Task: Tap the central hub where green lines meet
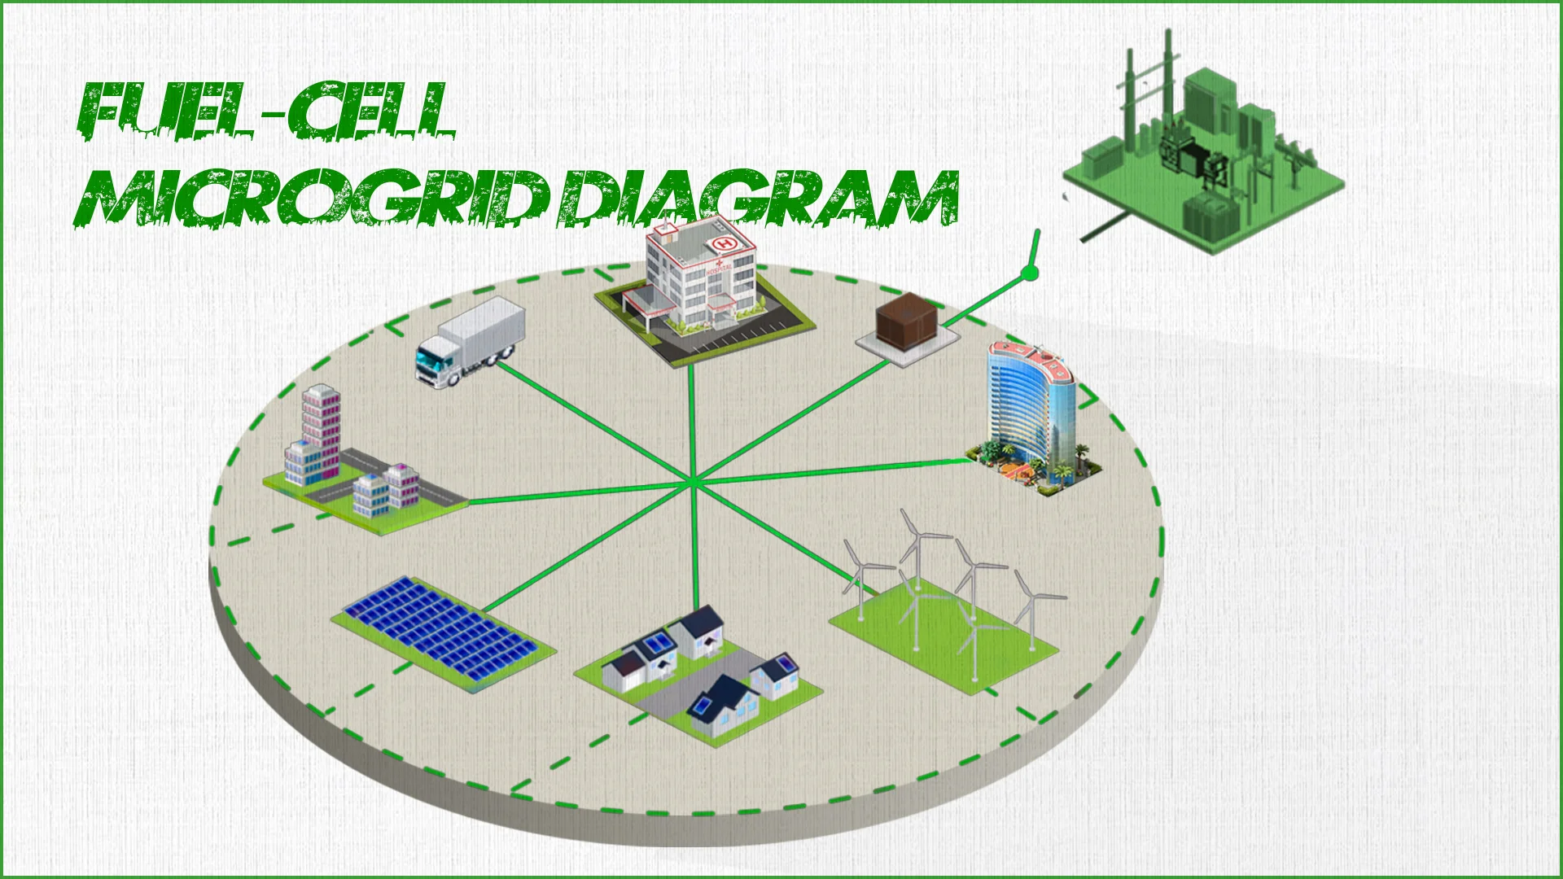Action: pyautogui.click(x=692, y=483)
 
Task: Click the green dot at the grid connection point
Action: pyautogui.click(x=1030, y=272)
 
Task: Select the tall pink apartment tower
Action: pyautogui.click(x=321, y=431)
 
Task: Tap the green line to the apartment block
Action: pyautogui.click(x=570, y=493)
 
